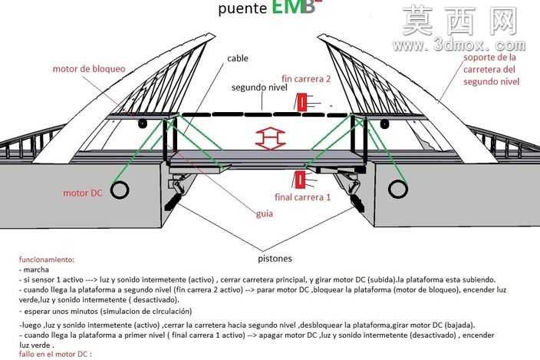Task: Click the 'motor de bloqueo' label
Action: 89,69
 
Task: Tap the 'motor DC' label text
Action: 83,193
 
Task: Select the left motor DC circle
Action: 120,190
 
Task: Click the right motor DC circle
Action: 398,189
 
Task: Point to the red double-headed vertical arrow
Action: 271,138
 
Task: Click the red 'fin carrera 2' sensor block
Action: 301,103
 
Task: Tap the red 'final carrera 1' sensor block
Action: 299,180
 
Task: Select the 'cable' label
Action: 238,58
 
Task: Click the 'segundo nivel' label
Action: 259,88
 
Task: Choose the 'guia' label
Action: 265,214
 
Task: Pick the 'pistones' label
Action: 275,259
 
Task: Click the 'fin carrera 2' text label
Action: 306,79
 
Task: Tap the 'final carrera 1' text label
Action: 303,197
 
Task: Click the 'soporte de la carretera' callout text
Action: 492,70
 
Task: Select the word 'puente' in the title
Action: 242,9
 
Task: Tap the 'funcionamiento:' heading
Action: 47,259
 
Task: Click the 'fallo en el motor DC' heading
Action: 55,354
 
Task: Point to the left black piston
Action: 173,202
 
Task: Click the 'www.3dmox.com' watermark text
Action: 459,45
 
